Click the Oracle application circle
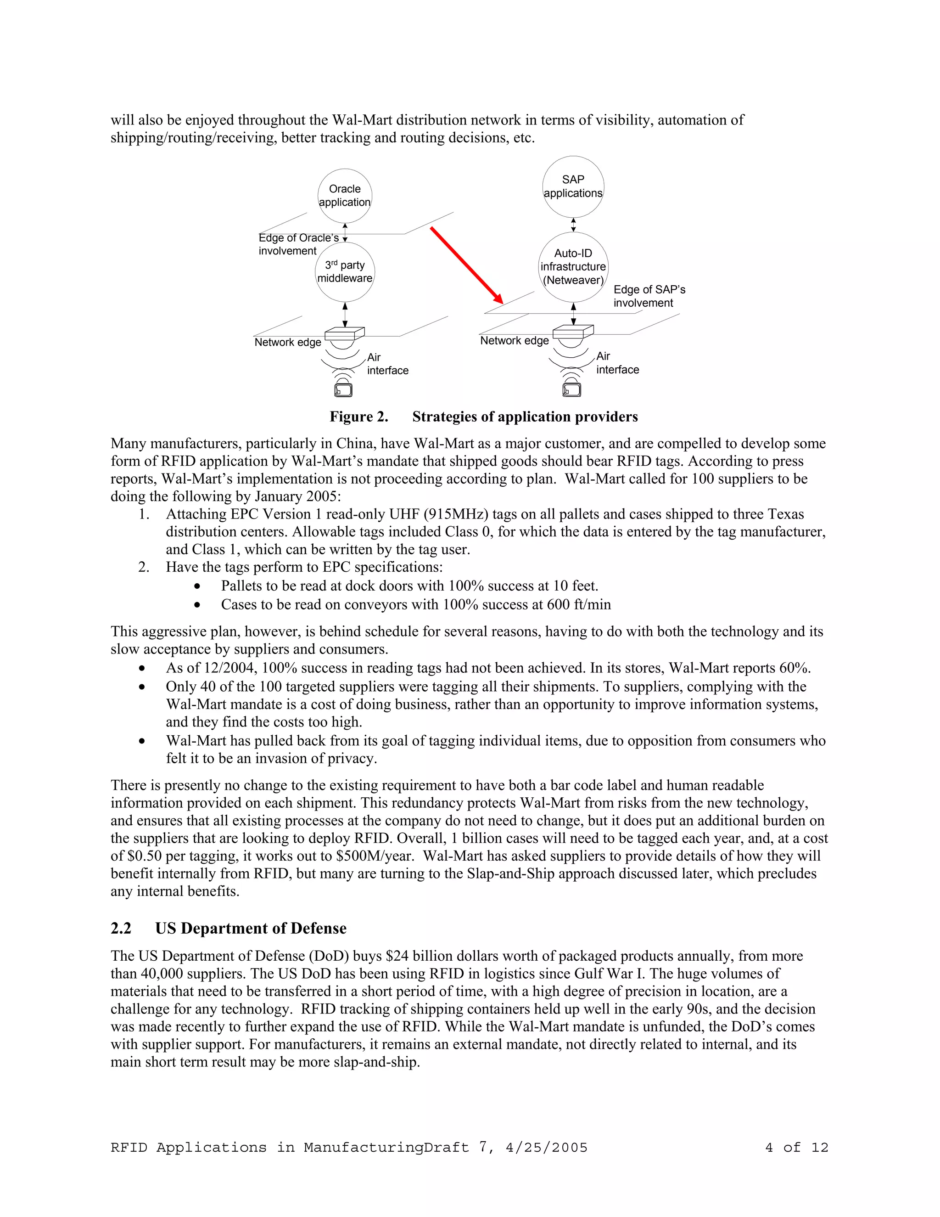point(345,196)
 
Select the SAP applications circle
point(573,186)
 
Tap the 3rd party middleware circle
point(345,272)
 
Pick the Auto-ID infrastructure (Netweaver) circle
point(573,267)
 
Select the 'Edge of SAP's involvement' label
point(649,296)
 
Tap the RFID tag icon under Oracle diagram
point(343,389)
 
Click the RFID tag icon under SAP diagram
point(572,389)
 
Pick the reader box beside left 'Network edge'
point(344,334)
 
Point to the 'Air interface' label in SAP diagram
point(617,363)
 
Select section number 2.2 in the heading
point(121,928)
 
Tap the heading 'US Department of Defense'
point(251,928)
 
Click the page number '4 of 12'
point(796,1147)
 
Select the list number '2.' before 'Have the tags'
point(144,567)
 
